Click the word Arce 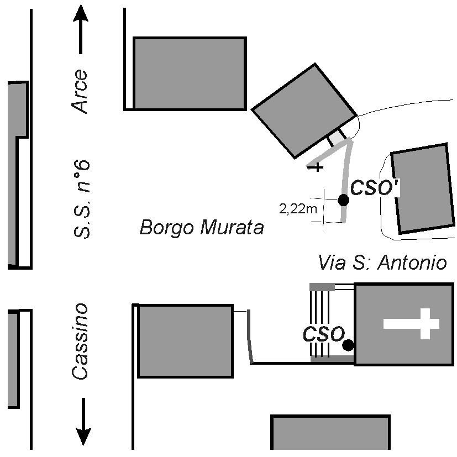coord(80,91)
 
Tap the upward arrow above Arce coord(81,29)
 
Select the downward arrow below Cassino coord(83,422)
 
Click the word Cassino coord(80,342)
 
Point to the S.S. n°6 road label coord(81,199)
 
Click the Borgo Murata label coord(202,227)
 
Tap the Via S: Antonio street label coord(382,262)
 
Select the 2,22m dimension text coord(298,209)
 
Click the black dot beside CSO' coord(343,200)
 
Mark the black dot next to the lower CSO coord(348,345)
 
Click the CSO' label coord(374,187)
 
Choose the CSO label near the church coord(324,334)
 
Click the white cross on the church coord(411,323)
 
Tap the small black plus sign coord(317,167)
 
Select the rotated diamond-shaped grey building coord(304,111)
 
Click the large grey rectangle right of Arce coord(190,73)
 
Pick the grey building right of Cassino coord(185,341)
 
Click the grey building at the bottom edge coord(330,432)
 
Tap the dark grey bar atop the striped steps coord(322,287)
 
